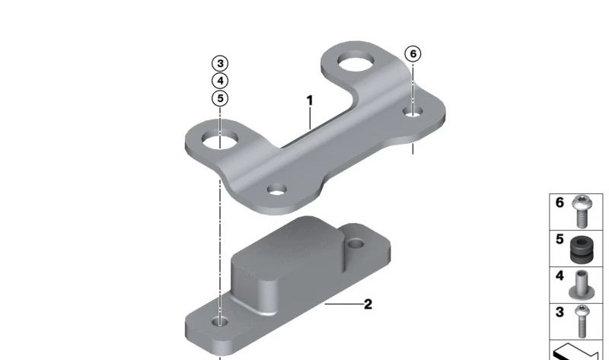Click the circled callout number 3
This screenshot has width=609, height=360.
coord(220,63)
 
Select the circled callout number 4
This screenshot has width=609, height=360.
coord(220,81)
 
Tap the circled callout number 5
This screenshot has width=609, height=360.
coord(220,98)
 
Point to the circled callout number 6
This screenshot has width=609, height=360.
coord(413,53)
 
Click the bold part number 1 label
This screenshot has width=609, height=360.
coord(310,100)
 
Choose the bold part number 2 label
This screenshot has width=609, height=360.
coord(368,304)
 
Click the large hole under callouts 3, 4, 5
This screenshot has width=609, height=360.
coord(219,139)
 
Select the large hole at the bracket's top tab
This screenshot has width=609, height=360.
coord(356,61)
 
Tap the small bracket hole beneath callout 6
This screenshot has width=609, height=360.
coord(413,111)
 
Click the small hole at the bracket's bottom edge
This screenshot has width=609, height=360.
coord(277,190)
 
